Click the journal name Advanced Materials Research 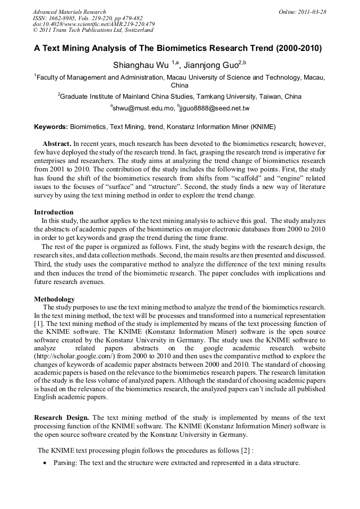point(70,12)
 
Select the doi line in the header point(93,24)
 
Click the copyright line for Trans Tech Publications point(93,30)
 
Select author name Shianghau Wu point(141,66)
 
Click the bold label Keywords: point(51,127)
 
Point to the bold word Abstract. point(57,144)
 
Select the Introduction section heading point(54,212)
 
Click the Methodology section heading point(54,299)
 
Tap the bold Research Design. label point(62,418)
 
